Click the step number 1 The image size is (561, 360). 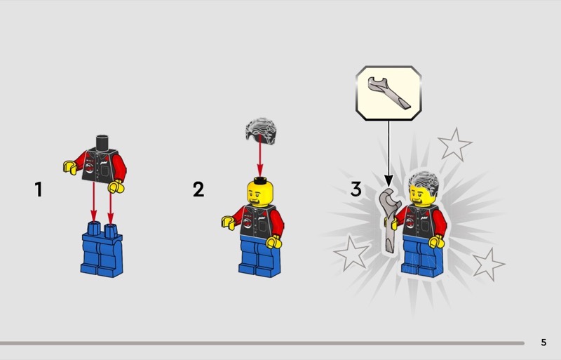(x=39, y=189)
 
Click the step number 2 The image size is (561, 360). (x=198, y=189)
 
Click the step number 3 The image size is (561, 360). (x=356, y=189)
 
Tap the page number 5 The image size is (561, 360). (x=543, y=342)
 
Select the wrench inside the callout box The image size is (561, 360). (x=388, y=93)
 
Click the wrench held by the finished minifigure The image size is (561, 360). (x=390, y=220)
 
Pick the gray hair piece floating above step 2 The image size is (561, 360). (x=260, y=131)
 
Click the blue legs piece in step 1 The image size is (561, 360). (x=102, y=249)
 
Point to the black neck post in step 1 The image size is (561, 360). (x=102, y=143)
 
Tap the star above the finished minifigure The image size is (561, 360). (x=454, y=145)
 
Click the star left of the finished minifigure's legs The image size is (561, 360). (x=351, y=253)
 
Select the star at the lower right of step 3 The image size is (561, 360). (x=488, y=265)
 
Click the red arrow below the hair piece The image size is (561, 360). (x=260, y=156)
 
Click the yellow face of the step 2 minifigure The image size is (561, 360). (x=259, y=194)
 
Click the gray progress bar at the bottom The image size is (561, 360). (x=262, y=343)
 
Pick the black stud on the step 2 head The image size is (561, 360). (x=260, y=180)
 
